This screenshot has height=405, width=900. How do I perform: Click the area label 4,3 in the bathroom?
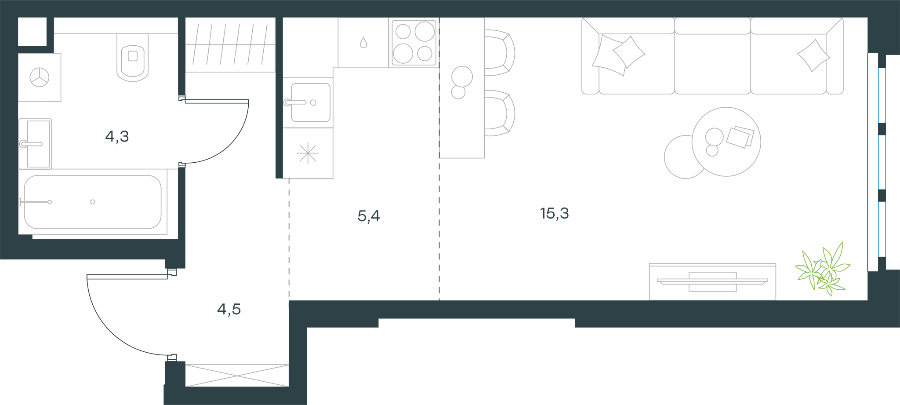tap(117, 137)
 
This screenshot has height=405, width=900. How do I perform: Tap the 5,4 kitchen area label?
tap(369, 216)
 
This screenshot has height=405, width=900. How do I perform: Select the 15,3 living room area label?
tap(555, 213)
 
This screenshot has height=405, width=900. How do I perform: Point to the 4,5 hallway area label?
tap(229, 309)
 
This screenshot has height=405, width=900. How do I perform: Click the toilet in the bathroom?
tap(133, 57)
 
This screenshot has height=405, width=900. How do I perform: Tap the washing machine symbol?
tap(40, 77)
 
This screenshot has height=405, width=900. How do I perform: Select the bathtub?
tap(93, 202)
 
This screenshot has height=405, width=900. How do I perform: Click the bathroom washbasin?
tap(35, 144)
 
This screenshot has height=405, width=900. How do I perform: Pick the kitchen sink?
tap(308, 102)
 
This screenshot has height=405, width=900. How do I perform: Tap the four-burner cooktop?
tap(414, 43)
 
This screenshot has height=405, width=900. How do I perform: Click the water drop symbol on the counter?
tap(363, 43)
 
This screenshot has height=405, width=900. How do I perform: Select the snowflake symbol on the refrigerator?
tap(308, 153)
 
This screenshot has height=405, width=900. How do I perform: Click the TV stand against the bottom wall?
tap(712, 281)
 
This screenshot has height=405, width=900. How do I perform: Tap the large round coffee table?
tap(726, 142)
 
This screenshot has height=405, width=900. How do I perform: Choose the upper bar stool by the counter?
tap(500, 53)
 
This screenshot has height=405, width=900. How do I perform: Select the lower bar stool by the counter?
tap(500, 113)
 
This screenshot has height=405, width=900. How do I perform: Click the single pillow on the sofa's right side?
tap(813, 55)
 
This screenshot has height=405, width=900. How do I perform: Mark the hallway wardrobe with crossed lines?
tap(237, 376)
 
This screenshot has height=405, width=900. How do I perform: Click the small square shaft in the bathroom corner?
tap(32, 31)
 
